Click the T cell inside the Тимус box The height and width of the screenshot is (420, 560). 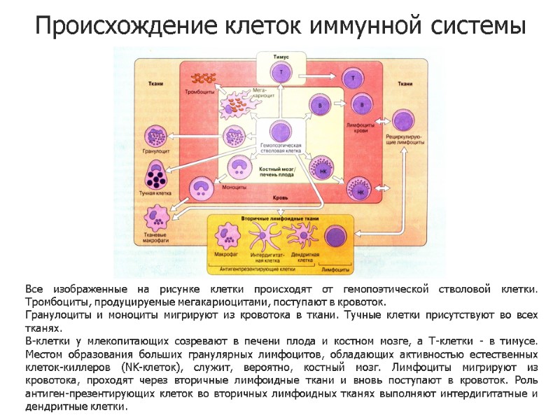pyautogui.click(x=282, y=72)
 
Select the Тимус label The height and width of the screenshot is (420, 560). pyautogui.click(x=282, y=55)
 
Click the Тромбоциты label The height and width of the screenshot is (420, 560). pyautogui.click(x=200, y=92)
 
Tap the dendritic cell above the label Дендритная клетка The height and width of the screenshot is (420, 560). pyautogui.click(x=304, y=234)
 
